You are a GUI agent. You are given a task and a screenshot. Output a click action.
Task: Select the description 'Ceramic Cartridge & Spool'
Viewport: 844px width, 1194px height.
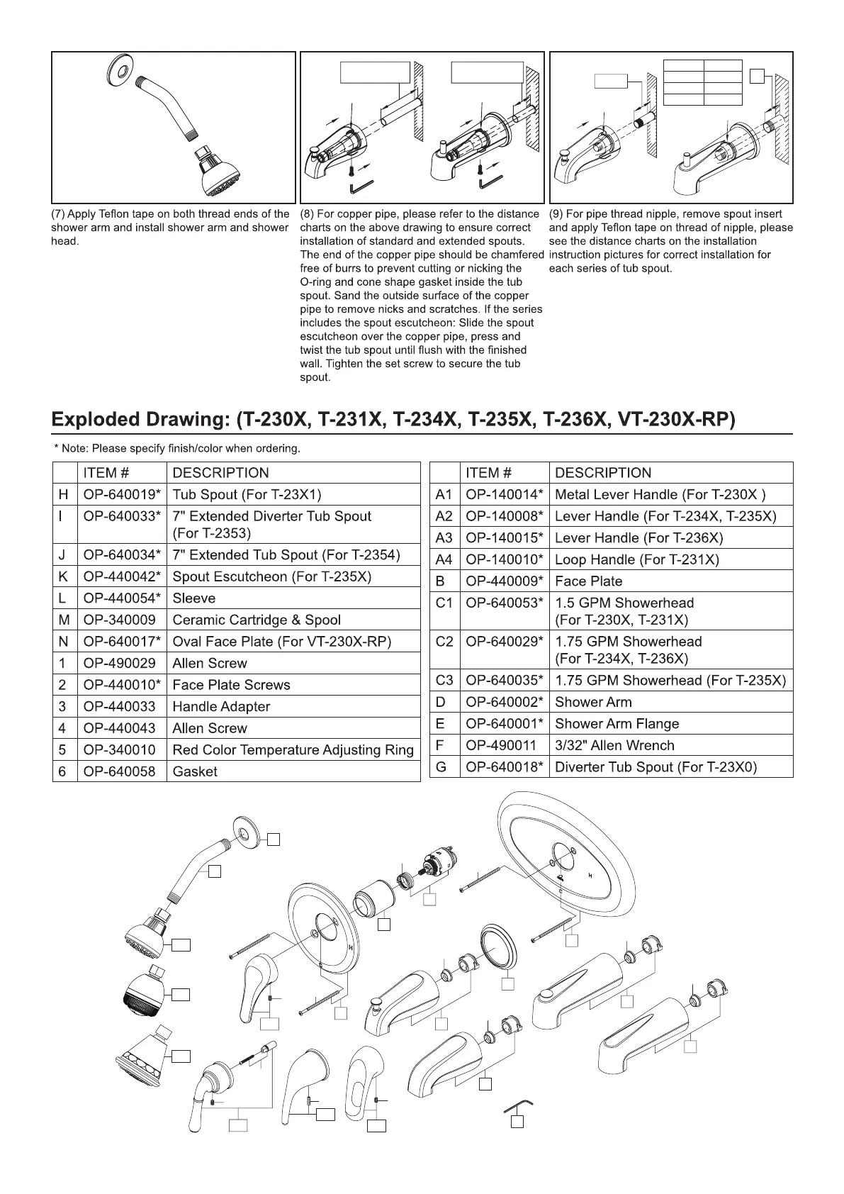click(x=257, y=620)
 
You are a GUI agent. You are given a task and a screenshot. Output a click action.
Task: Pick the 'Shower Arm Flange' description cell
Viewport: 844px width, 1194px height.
click(x=617, y=723)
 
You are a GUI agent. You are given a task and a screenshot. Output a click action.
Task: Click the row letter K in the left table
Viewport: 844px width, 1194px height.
click(x=62, y=576)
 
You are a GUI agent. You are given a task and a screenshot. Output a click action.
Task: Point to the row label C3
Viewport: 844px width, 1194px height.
click(x=444, y=680)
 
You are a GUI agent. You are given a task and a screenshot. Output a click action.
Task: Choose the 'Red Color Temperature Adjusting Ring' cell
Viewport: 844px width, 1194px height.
click(x=293, y=749)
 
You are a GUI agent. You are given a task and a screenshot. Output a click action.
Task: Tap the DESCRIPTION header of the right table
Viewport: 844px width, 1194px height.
click(x=602, y=473)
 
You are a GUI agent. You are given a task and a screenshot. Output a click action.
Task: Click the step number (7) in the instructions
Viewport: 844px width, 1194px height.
click(x=58, y=214)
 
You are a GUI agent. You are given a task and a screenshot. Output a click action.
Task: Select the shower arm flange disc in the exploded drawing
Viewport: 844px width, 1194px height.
click(x=248, y=831)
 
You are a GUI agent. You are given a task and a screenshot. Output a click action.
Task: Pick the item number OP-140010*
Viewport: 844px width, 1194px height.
click(x=505, y=559)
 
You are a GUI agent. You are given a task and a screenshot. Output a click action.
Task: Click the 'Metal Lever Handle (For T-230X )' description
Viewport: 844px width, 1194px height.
click(x=660, y=494)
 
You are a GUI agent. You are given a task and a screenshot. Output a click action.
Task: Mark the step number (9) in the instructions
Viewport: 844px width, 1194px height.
click(x=556, y=214)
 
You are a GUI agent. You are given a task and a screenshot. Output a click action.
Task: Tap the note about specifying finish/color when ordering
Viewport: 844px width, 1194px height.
click(x=177, y=448)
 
